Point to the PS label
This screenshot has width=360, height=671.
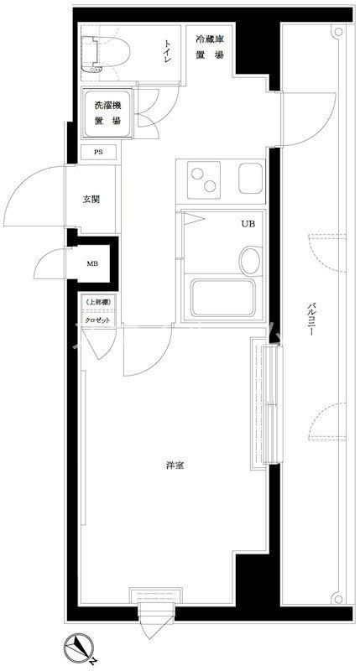coord(98,153)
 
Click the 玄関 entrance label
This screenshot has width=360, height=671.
coord(91,200)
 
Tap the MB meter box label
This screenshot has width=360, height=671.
coord(92,263)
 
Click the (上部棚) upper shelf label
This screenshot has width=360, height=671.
coord(98,302)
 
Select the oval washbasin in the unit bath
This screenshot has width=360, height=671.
coord(249,259)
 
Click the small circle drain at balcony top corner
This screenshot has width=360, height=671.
coord(338,32)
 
